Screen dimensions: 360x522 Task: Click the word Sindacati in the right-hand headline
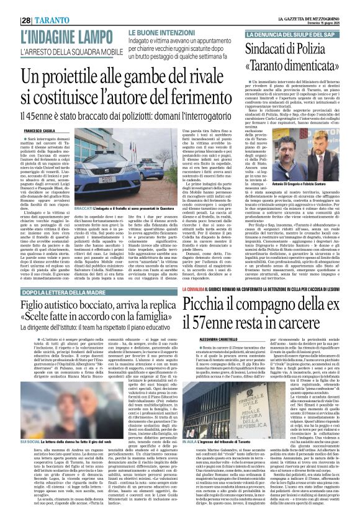click(x=272, y=48)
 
